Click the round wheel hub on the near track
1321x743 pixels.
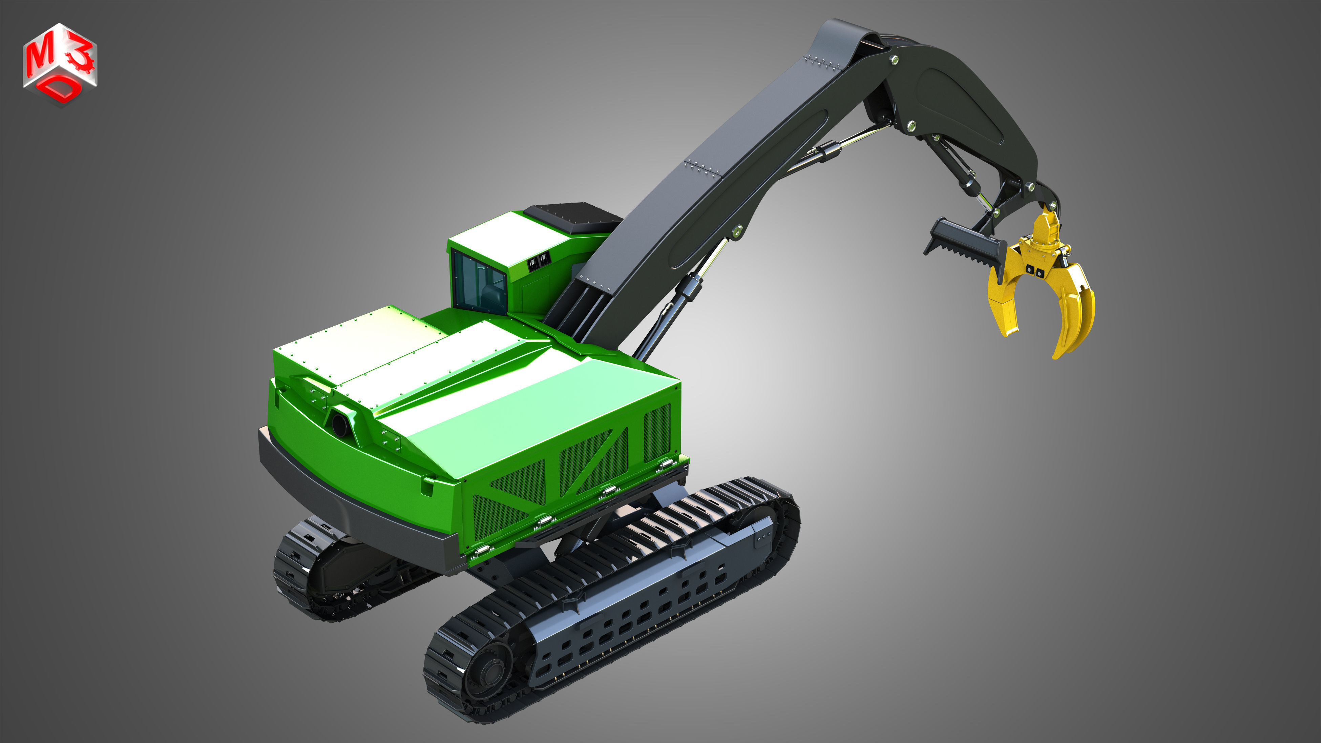(x=490, y=672)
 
